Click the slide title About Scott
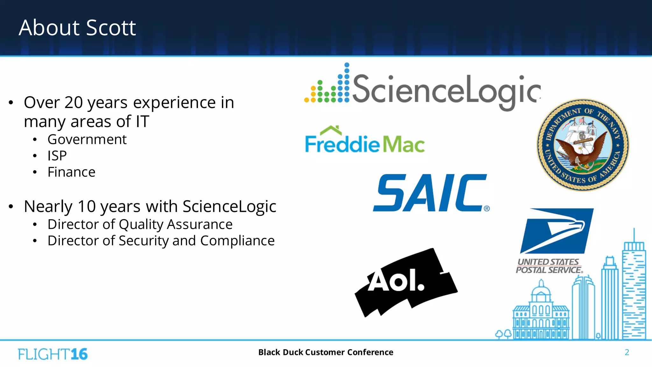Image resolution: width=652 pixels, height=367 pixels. tap(77, 28)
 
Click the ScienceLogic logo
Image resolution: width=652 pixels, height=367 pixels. tap(422, 88)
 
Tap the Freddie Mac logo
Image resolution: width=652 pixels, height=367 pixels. tap(365, 140)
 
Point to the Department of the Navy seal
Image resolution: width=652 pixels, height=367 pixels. tap(583, 145)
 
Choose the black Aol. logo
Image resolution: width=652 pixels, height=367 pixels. tap(406, 282)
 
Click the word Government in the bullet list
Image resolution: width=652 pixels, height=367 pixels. tap(87, 140)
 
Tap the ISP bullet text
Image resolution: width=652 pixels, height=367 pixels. tap(57, 156)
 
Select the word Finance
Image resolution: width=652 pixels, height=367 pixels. tap(71, 172)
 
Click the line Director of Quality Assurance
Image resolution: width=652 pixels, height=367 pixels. tap(140, 224)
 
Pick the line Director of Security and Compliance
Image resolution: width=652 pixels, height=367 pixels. tap(161, 241)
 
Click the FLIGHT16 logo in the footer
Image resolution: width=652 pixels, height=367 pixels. tap(53, 354)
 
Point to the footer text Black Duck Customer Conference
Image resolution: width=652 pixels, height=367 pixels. tap(326, 352)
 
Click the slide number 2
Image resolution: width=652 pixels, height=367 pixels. tap(627, 352)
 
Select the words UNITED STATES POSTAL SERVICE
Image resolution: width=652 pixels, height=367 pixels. tap(549, 266)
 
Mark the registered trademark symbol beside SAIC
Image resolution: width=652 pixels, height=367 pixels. tap(486, 209)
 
